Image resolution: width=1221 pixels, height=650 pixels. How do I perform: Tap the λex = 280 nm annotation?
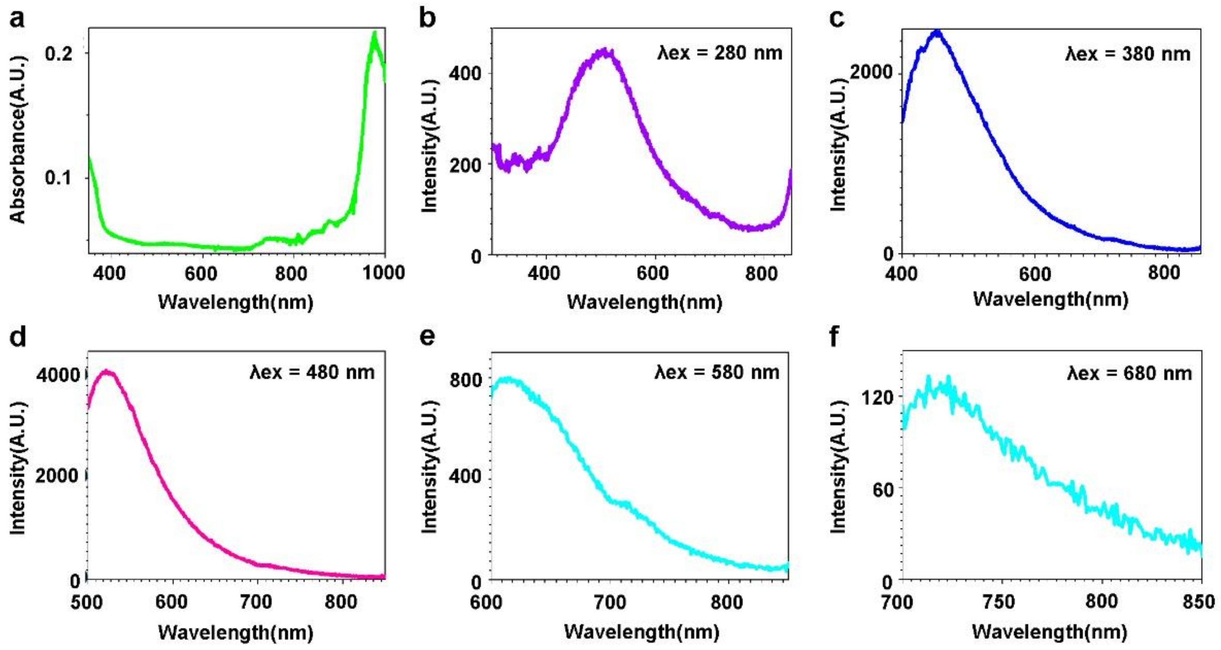click(x=719, y=53)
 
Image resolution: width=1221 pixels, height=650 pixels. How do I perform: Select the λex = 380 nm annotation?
click(x=1128, y=54)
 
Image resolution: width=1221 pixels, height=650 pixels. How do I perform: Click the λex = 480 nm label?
click(x=312, y=372)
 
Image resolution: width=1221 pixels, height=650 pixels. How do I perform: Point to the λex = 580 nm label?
click(x=717, y=372)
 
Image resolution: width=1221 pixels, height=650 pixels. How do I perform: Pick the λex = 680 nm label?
click(x=1129, y=374)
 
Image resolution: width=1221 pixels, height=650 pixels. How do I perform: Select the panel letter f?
click(x=835, y=337)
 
